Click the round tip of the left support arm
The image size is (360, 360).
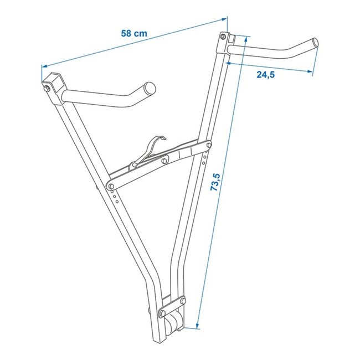coord(150,89)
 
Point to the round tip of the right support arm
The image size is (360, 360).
coord(315,42)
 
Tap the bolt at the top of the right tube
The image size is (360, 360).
coord(222,37)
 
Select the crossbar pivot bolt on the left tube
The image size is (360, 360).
coord(111,185)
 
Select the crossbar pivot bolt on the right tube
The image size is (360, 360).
coord(208,146)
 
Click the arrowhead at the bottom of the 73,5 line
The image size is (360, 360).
coord(196,327)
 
